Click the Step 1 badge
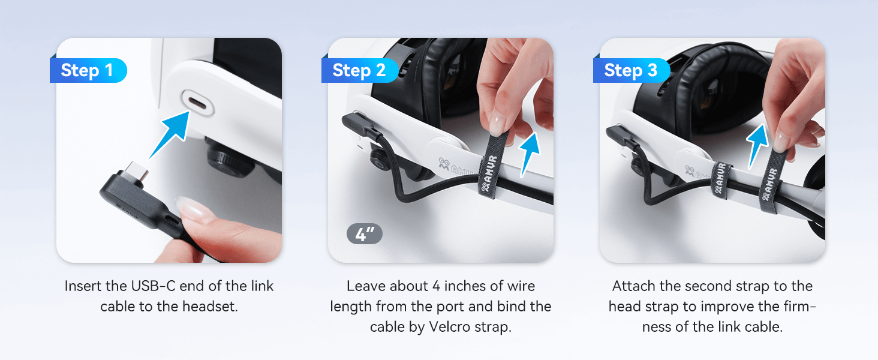point(88,70)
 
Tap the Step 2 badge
point(360,70)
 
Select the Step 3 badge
point(632,70)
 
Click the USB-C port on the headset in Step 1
point(197,103)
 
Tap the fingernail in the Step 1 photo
point(195,209)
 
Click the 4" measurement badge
point(365,234)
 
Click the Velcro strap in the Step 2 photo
point(492,165)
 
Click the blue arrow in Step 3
point(757,146)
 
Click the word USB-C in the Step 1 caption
point(154,286)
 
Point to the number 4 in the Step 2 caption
point(436,286)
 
